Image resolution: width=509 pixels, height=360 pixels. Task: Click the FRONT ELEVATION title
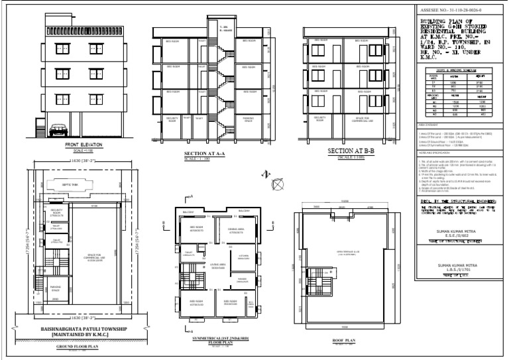pyautogui.click(x=82, y=144)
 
